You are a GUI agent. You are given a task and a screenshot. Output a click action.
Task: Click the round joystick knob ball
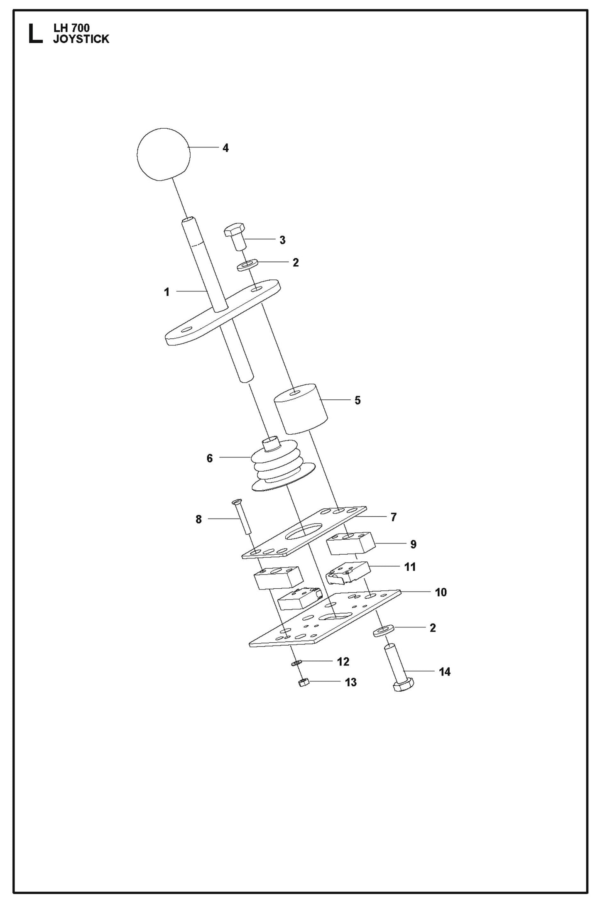[x=163, y=154]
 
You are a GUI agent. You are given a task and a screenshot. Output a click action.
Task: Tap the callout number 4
[x=225, y=148]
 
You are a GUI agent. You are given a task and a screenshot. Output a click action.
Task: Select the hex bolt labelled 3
[x=235, y=236]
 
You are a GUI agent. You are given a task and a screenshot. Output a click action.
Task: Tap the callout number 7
[x=394, y=517]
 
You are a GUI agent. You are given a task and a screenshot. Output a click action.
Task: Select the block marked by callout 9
[x=350, y=543]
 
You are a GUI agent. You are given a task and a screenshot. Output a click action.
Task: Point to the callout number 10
[x=441, y=592]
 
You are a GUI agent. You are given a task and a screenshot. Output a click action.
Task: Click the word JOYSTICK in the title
[x=81, y=39]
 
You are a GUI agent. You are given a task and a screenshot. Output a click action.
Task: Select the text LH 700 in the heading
[x=71, y=28]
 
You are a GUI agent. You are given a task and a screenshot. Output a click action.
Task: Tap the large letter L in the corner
[x=35, y=34]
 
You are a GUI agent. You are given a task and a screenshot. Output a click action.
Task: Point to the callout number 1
[x=167, y=292]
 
